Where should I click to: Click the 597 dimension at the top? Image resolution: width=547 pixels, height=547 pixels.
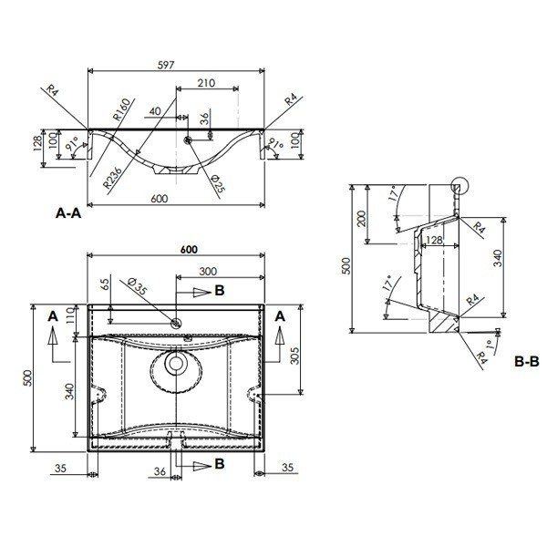[166, 66]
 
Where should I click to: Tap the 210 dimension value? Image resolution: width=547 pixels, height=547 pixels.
[206, 83]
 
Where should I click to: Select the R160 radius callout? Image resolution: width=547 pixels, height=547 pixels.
[123, 109]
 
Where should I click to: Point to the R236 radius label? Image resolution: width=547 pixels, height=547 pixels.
[113, 178]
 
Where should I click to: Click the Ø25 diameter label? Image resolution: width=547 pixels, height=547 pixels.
[219, 183]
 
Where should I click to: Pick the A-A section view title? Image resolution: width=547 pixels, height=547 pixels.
[68, 212]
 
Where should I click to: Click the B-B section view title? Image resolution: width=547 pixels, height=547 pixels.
[526, 362]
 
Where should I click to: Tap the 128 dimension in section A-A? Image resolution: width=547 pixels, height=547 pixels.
[37, 143]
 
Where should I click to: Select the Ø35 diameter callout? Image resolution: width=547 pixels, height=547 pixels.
[138, 286]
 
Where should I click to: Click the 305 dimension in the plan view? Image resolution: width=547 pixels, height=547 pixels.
[295, 356]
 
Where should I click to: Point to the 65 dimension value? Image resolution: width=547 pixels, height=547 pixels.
[107, 282]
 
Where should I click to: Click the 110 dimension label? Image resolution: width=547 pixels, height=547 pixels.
[70, 315]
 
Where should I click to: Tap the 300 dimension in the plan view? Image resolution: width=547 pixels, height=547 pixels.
[208, 272]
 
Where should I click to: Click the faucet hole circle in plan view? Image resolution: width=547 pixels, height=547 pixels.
[176, 323]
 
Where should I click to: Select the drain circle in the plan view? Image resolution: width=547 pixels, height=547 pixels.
[176, 363]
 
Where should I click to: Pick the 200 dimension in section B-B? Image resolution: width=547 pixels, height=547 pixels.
[362, 219]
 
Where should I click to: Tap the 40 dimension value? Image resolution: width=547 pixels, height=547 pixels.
[155, 111]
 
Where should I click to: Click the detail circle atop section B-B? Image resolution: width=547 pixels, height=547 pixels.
[459, 185]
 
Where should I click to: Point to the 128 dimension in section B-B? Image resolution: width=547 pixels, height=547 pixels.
[434, 240]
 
